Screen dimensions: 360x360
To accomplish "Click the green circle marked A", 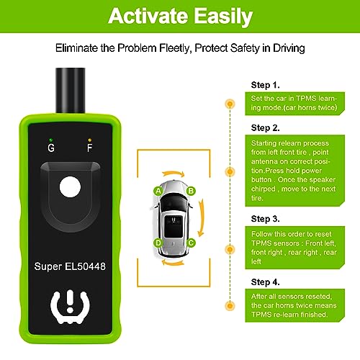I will [157, 191].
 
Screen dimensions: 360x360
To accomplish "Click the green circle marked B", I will [191, 191].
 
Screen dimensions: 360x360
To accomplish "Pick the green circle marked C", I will [191, 243].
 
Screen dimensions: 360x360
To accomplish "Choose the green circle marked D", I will [157, 243].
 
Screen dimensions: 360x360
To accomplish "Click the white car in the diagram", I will [174, 217].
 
